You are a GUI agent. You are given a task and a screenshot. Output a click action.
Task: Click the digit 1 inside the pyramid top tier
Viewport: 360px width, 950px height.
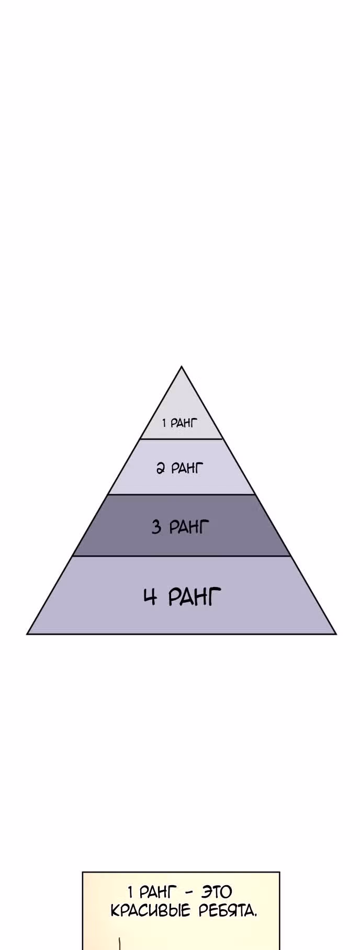pyautogui.click(x=164, y=423)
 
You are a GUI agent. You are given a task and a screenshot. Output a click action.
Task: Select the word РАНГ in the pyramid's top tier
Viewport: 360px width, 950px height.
pyautogui.click(x=184, y=423)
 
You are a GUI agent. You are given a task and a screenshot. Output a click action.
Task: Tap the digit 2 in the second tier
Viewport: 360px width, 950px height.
pyautogui.click(x=161, y=468)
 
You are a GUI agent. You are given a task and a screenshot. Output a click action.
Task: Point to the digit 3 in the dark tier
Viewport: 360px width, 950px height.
pyautogui.click(x=156, y=526)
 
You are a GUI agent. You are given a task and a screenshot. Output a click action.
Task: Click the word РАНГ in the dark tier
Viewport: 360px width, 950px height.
pyautogui.click(x=188, y=526)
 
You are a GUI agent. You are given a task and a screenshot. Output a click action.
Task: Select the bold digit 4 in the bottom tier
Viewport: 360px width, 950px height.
pyautogui.click(x=150, y=596)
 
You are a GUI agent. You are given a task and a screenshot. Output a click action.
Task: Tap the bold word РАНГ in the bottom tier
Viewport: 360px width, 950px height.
pyautogui.click(x=195, y=596)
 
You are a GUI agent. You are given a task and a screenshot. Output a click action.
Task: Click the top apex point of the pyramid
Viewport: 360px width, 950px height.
pyautogui.click(x=182, y=366)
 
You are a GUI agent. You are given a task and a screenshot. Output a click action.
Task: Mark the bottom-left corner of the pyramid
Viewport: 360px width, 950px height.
pyautogui.click(x=27, y=634)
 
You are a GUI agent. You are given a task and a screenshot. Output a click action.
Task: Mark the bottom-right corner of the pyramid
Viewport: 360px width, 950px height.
pyautogui.click(x=336, y=634)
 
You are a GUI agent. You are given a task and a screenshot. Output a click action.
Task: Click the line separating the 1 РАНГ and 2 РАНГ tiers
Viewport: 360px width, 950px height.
pyautogui.click(x=182, y=439)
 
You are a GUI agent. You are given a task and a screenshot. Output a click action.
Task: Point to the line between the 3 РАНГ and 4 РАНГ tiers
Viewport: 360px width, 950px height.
pyautogui.click(x=182, y=556)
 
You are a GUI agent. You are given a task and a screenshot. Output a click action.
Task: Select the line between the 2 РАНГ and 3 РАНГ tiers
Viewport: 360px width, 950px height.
pyautogui.click(x=182, y=494)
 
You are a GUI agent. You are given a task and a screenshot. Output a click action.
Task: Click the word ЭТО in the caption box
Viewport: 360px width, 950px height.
pyautogui.click(x=217, y=891)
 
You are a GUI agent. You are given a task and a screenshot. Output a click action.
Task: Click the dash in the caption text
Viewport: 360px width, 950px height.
pyautogui.click(x=189, y=892)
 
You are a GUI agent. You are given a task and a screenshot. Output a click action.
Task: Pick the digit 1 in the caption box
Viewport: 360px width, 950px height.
pyautogui.click(x=130, y=891)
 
